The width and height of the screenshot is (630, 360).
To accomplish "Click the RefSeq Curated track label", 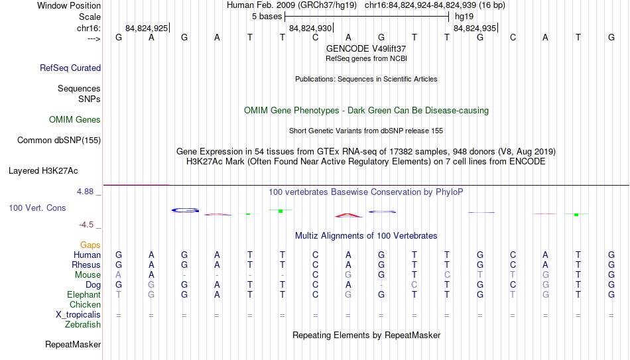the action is pos(70,68).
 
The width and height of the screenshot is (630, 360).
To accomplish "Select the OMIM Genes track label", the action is pos(75,120).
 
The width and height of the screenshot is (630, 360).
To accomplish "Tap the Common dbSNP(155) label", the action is pos(59,141).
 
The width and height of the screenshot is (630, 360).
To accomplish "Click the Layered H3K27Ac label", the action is pos(43,171).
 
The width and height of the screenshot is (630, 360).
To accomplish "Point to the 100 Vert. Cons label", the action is pos(37,208).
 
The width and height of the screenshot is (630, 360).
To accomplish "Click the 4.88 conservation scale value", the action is pos(85,192).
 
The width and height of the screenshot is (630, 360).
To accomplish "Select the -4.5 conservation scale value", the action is pos(86,225).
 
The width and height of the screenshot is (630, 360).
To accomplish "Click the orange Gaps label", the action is pos(90,245).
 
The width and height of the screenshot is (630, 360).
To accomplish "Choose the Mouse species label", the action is pos(88,275).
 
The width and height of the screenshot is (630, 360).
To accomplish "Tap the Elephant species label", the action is pos(84,295).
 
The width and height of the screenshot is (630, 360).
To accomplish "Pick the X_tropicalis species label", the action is pos(78,315).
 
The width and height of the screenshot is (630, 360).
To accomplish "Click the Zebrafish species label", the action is pos(83,325).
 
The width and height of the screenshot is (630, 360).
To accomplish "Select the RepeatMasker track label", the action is pos(73,344).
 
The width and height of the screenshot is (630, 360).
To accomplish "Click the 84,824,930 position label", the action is pos(310,28).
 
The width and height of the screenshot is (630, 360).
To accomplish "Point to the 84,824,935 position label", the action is pos(475,28).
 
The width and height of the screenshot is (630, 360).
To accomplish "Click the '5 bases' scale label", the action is pos(267,17).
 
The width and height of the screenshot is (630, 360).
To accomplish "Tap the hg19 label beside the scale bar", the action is pos(464,17).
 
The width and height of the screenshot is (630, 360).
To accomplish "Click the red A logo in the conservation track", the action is pos(348,215).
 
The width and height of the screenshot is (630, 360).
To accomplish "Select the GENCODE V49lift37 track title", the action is pos(366,48).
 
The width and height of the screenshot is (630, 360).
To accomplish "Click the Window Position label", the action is pos(69,5).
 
